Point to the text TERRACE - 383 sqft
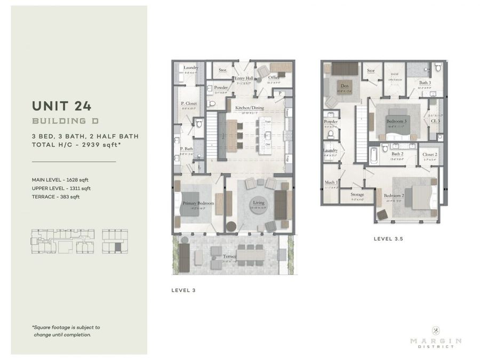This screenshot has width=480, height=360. pyautogui.click(x=55, y=197)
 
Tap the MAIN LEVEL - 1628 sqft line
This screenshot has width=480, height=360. pyautogui.click(x=60, y=180)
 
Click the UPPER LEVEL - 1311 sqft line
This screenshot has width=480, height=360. pyautogui.click(x=61, y=188)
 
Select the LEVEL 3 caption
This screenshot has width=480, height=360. pyautogui.click(x=183, y=291)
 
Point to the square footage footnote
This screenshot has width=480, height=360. pyautogui.click(x=66, y=331)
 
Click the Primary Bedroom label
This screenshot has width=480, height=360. pyautogui.click(x=198, y=203)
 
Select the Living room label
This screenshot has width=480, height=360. pyautogui.click(x=259, y=203)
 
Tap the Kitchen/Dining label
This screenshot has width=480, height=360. pyautogui.click(x=250, y=108)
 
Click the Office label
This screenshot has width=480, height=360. pyautogui.click(x=274, y=78)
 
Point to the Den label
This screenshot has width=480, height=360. pyautogui.click(x=345, y=85)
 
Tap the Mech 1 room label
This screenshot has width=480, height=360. pyautogui.click(x=331, y=182)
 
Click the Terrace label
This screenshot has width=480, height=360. pyautogui.click(x=230, y=257)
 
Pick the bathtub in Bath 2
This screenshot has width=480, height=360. pyautogui.click(x=373, y=156)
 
